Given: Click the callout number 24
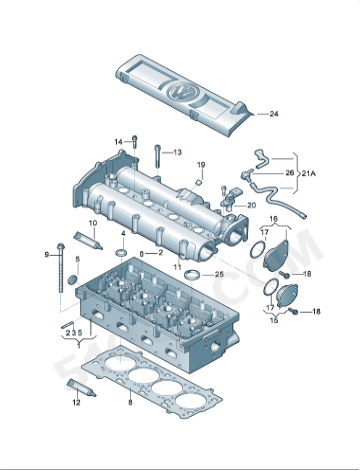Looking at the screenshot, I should pos(273,115).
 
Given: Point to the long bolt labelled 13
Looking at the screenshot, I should pos(157,156).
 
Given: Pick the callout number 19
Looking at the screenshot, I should pos(200,164).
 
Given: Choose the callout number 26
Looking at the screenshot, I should pos(290,172).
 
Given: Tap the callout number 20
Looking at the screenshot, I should pos(251,204).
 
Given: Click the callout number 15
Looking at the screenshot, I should pos(275,320).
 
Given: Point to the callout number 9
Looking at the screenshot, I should pos(46,255).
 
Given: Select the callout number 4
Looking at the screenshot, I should pos(123,234).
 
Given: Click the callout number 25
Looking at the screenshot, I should pos(219,272).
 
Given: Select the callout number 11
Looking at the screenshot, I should pos(177,268).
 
